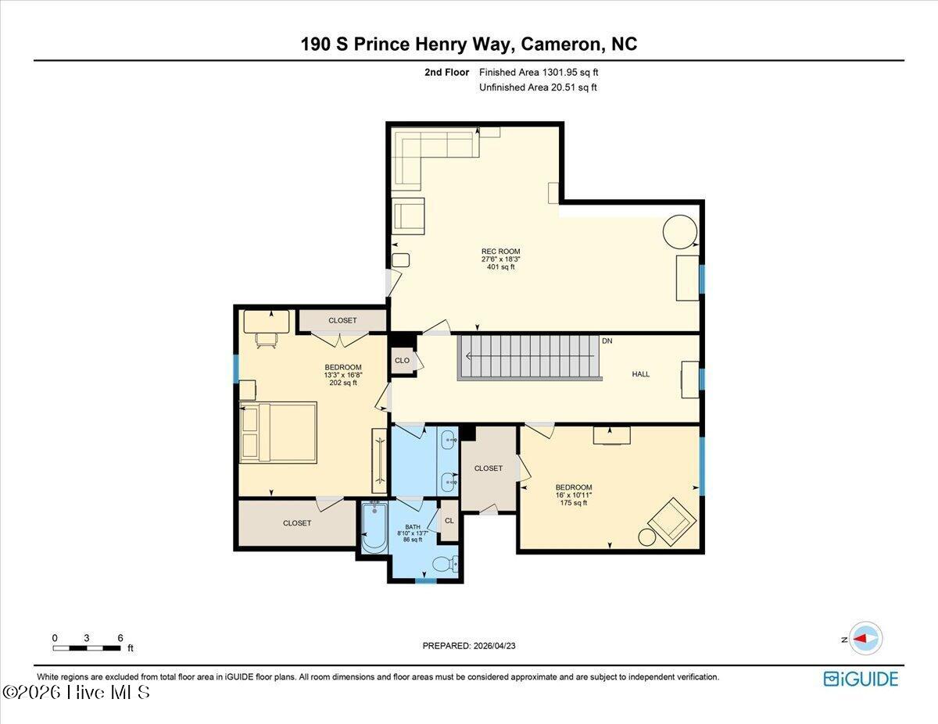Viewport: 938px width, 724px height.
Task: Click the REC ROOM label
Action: [x=501, y=251]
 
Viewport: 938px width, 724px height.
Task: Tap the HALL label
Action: [x=641, y=374]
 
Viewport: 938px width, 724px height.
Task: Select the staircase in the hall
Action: [x=530, y=358]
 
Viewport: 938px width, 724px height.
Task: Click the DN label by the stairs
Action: [x=607, y=341]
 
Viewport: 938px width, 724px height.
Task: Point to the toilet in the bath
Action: [x=445, y=564]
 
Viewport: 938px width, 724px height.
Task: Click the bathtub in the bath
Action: [x=374, y=527]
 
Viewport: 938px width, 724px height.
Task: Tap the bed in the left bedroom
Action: [x=278, y=433]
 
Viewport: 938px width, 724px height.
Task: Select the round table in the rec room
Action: [x=680, y=231]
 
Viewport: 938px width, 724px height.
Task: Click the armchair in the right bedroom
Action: [x=672, y=522]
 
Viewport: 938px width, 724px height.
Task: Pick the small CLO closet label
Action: [x=402, y=361]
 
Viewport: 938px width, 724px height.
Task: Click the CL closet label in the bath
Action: [x=449, y=520]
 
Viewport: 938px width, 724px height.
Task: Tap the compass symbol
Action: [x=865, y=639]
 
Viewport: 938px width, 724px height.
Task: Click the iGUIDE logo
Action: [x=861, y=679]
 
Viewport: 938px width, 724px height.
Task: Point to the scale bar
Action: [x=87, y=647]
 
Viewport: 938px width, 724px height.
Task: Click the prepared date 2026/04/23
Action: [x=494, y=646]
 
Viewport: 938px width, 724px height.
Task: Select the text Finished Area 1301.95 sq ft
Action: [x=539, y=73]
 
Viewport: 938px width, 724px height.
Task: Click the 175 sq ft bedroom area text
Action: [x=573, y=503]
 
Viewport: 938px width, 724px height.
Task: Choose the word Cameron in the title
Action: [x=559, y=44]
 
